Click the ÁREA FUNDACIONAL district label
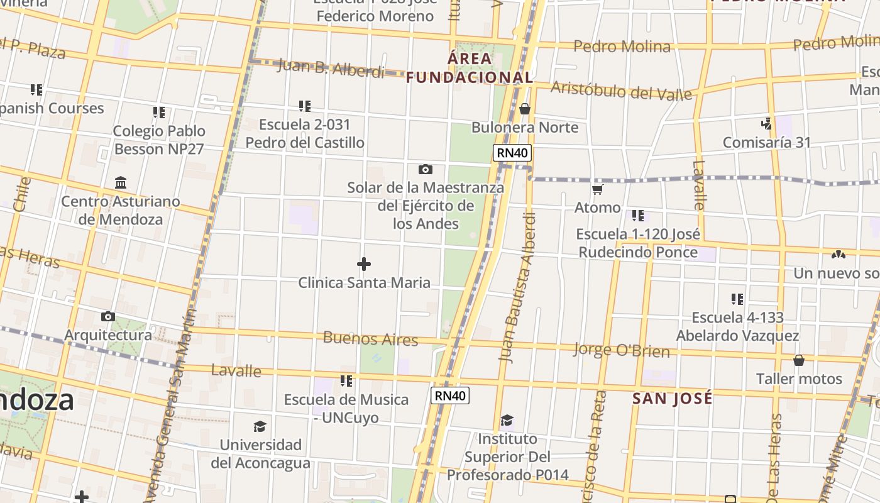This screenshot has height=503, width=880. pyautogui.click(x=470, y=68)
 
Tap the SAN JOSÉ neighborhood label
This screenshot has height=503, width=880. pyautogui.click(x=673, y=398)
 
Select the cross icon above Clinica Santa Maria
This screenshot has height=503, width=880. pyautogui.click(x=364, y=264)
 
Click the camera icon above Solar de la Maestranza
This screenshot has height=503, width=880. pyautogui.click(x=426, y=169)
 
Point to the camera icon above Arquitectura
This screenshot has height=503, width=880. pyautogui.click(x=108, y=316)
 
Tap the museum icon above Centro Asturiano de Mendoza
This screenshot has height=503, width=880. pyautogui.click(x=121, y=183)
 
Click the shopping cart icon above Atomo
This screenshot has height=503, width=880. pyautogui.click(x=597, y=189)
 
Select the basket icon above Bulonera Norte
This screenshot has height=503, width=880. pyautogui.click(x=525, y=109)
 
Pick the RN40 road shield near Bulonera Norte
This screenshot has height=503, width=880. pyautogui.click(x=512, y=153)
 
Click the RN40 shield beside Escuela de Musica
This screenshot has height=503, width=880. pyautogui.click(x=450, y=395)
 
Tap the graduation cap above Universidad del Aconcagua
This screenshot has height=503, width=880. pyautogui.click(x=260, y=427)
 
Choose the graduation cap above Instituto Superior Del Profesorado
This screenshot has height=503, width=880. pyautogui.click(x=507, y=420)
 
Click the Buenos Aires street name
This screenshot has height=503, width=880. pyautogui.click(x=370, y=338)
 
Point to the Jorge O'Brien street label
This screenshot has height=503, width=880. pyautogui.click(x=622, y=350)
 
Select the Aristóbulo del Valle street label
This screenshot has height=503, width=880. pyautogui.click(x=621, y=91)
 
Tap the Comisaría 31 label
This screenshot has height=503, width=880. pyautogui.click(x=767, y=142)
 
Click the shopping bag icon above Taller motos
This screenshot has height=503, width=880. pyautogui.click(x=799, y=360)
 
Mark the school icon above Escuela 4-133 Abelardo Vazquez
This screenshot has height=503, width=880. pyautogui.click(x=737, y=299)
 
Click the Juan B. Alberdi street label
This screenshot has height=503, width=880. pyautogui.click(x=331, y=68)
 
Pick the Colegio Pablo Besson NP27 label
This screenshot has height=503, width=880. pyautogui.click(x=159, y=140)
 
